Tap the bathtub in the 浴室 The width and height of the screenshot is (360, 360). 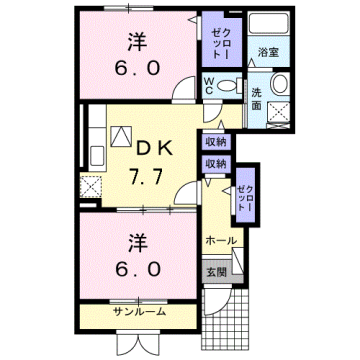pyautogui.click(x=267, y=25)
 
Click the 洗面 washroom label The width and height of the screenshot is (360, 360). pyautogui.click(x=257, y=97)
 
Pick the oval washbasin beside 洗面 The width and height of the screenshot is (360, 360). pyautogui.click(x=279, y=83)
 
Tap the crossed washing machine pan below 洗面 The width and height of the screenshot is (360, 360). pyautogui.click(x=279, y=112)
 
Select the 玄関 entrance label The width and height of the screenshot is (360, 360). pyautogui.click(x=216, y=271)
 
